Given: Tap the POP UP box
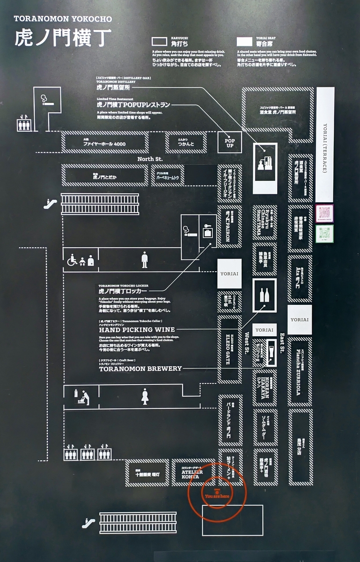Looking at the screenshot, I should (x=229, y=142).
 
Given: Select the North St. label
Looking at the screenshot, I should (x=150, y=159).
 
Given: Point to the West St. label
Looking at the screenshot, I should (x=247, y=342).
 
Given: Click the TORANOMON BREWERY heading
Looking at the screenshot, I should (x=140, y=369).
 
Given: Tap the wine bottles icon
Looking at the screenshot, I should (x=264, y=295).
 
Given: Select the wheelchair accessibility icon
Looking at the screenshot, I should (x=73, y=260).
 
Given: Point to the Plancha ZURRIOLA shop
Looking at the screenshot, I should (x=300, y=372).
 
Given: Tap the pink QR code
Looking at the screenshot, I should (x=324, y=213).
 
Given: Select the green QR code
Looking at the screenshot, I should (x=324, y=234).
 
